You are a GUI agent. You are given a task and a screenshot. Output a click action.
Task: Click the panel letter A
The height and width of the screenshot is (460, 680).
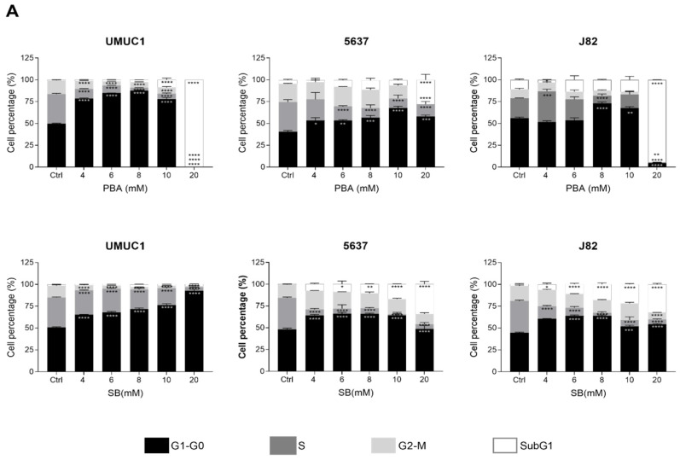click(12, 12)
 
